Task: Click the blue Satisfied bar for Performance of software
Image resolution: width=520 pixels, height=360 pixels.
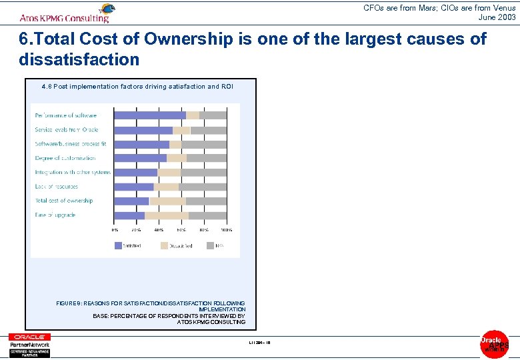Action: (x=150, y=115)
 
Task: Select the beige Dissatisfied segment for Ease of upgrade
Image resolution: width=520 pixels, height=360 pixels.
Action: (x=167, y=215)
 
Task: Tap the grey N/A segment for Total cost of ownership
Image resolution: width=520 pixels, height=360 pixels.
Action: (x=206, y=201)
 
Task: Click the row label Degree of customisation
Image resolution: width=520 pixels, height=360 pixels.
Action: (x=65, y=158)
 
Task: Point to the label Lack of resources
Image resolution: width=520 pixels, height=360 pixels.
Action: (x=57, y=187)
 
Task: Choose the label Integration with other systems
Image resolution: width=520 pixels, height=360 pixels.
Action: (x=73, y=173)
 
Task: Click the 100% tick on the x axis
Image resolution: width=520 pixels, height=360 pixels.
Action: (x=227, y=230)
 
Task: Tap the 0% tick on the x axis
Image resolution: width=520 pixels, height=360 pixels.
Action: (x=115, y=230)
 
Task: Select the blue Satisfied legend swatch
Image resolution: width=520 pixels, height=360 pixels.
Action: (x=119, y=245)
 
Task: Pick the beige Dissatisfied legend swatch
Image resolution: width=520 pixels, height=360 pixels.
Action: (x=165, y=245)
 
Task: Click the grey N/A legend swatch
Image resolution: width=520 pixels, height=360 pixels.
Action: (x=211, y=245)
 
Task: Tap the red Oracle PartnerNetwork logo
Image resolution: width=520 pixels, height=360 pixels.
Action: (x=29, y=345)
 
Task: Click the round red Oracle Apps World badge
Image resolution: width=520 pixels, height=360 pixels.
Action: (x=494, y=344)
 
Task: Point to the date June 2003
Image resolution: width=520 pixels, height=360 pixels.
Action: (x=497, y=17)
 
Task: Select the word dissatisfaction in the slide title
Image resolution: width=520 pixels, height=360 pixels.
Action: (x=79, y=60)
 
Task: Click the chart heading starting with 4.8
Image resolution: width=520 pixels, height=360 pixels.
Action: (x=137, y=87)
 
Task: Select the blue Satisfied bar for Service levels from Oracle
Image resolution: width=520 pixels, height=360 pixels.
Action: (x=143, y=130)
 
